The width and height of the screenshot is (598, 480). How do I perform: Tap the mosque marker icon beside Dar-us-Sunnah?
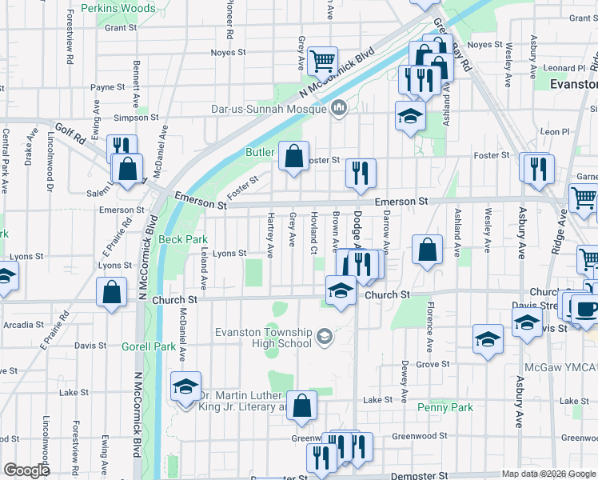click(x=339, y=106)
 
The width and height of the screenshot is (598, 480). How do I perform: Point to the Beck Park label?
click(x=182, y=239)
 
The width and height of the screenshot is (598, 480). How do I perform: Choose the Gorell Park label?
click(x=148, y=347)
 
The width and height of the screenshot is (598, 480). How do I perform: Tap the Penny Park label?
click(x=445, y=407)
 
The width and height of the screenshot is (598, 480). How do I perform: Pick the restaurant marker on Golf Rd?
click(x=122, y=147)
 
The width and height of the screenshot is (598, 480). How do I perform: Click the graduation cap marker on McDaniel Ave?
click(x=185, y=388)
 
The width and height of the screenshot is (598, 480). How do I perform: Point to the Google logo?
click(x=26, y=470)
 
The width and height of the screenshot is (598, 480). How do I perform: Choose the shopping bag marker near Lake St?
click(x=301, y=406)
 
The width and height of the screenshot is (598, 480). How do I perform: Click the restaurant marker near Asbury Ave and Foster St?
click(x=538, y=168)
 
